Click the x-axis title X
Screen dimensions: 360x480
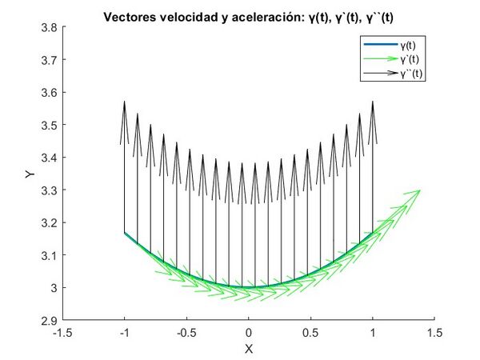(x=249, y=349)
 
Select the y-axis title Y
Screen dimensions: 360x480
(x=28, y=174)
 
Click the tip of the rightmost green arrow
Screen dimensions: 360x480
(x=421, y=190)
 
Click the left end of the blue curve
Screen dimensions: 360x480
(x=125, y=233)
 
